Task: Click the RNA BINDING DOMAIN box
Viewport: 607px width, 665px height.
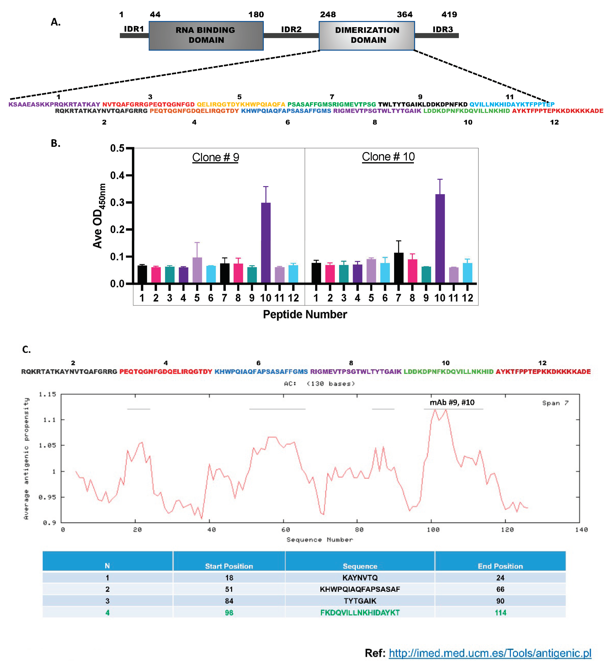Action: coord(206,36)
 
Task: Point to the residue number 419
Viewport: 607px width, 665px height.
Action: coord(449,15)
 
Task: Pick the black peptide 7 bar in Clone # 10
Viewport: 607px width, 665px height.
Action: coord(398,267)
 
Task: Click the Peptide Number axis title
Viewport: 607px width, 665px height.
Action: coord(305,314)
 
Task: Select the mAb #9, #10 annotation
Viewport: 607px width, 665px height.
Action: coord(452,402)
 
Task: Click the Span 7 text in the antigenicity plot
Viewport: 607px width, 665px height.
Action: coord(555,403)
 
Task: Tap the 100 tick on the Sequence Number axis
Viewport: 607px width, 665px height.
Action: coord(433,529)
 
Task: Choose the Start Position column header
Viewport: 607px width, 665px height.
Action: coord(229,566)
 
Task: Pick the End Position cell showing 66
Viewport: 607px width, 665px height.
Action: coord(500,589)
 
